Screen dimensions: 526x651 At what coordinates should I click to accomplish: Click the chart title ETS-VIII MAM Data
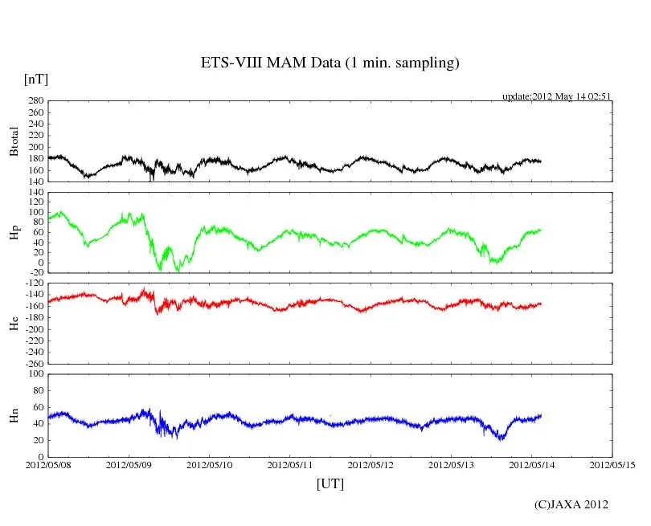coord(330,63)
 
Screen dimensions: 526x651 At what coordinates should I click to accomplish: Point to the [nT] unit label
coord(36,79)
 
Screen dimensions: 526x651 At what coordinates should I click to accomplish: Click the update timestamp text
coord(557,96)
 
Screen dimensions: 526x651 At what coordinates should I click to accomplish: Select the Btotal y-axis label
coord(14,141)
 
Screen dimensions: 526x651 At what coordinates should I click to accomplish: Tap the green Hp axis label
coord(14,233)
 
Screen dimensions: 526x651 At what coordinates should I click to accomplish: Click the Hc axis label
coord(14,323)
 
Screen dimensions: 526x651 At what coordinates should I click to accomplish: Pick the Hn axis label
coord(14,415)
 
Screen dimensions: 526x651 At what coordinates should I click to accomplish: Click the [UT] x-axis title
coord(330,483)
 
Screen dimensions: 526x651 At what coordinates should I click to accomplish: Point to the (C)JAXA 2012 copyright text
coord(571,504)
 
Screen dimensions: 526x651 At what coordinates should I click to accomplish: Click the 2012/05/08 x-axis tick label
coord(48,464)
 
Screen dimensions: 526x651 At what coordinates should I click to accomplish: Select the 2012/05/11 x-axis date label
coord(289,464)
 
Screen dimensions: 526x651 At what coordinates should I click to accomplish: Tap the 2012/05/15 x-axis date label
coord(612,464)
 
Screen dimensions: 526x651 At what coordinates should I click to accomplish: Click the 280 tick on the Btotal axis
coord(35,101)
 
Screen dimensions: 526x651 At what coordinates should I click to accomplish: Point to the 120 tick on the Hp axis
coord(35,193)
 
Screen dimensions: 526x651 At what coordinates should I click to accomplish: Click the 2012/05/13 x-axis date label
coord(451,464)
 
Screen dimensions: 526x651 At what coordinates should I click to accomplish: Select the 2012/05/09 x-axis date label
coord(129,464)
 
